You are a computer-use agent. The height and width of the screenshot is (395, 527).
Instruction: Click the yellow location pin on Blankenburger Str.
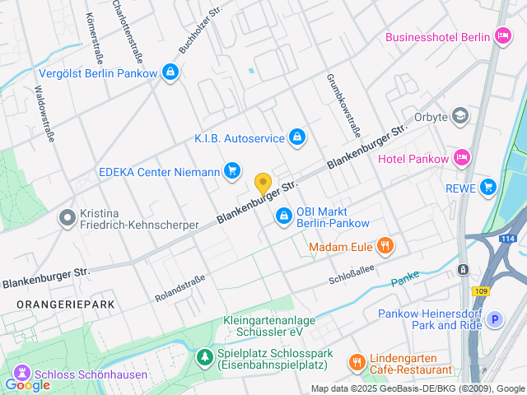(x=263, y=184)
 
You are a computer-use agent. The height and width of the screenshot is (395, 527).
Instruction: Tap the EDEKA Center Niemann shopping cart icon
(x=232, y=171)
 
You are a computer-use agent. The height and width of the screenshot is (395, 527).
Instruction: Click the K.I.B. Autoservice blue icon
(x=298, y=137)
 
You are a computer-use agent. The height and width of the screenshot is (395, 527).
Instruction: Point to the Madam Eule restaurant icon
(x=384, y=245)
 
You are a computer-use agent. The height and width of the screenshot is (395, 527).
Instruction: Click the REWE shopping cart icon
(x=489, y=187)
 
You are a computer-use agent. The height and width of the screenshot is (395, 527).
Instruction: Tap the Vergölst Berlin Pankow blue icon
(x=170, y=72)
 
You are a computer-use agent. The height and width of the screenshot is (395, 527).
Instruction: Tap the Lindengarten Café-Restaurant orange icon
(x=356, y=361)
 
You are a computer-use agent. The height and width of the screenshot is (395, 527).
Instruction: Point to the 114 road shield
(x=508, y=239)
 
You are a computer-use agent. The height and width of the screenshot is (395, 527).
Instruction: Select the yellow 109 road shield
(x=480, y=290)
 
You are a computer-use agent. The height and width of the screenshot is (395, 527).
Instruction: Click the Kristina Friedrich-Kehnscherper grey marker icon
(x=67, y=217)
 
